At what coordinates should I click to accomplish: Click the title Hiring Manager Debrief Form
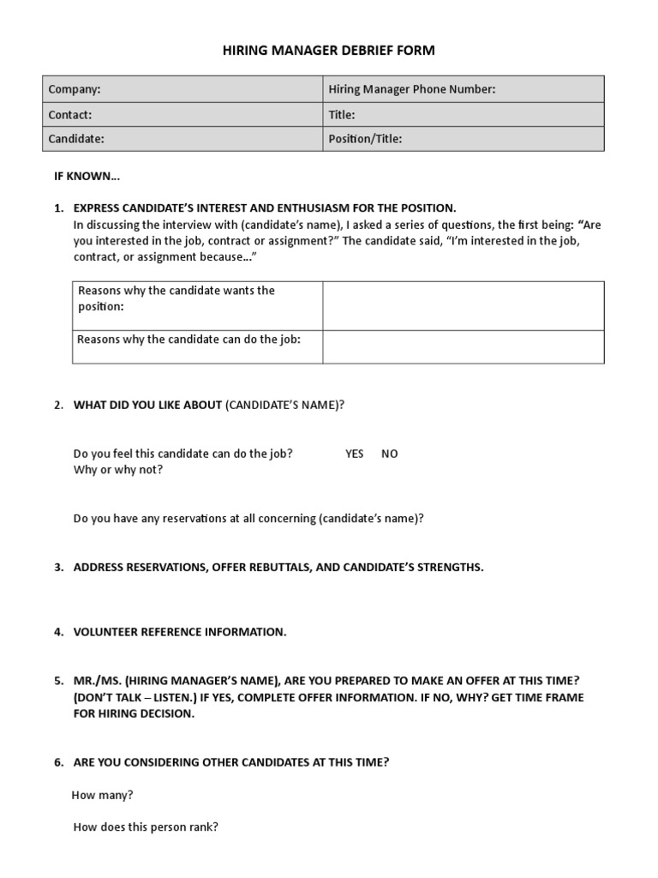[329, 51]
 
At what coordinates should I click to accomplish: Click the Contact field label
[70, 114]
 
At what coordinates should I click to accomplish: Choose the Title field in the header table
[342, 114]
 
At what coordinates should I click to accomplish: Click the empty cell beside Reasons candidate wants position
[463, 304]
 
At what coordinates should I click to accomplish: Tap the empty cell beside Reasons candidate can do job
[463, 346]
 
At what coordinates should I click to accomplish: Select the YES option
[355, 454]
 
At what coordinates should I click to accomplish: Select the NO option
[390, 454]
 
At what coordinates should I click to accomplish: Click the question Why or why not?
[118, 470]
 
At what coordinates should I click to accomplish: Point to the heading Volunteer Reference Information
[180, 632]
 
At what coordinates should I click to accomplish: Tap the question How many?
[103, 795]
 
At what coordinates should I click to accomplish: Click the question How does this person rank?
[146, 827]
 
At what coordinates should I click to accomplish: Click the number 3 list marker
[58, 568]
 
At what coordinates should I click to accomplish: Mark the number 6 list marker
[58, 761]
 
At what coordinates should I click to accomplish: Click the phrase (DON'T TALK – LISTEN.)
[135, 697]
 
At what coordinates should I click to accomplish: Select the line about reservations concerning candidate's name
[248, 519]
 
